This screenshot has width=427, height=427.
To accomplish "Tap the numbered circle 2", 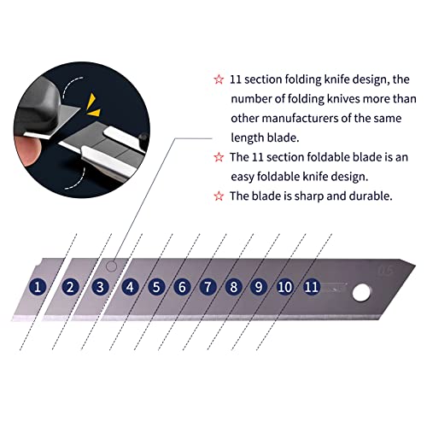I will tap(71, 287).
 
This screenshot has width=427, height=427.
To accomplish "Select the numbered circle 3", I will tap(101, 287).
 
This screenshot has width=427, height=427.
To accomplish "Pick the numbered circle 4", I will tap(131, 287).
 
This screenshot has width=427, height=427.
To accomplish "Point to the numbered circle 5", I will tap(157, 287).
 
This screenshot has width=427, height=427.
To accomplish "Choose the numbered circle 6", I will tap(182, 287).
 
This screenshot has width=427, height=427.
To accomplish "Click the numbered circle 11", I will tap(313, 287).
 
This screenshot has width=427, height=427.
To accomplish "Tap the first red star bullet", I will tap(219, 80).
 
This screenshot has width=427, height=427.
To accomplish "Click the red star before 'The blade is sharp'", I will tap(219, 196).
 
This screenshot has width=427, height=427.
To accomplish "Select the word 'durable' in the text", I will tap(365, 196).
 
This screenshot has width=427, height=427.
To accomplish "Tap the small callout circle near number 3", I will tap(114, 266).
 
